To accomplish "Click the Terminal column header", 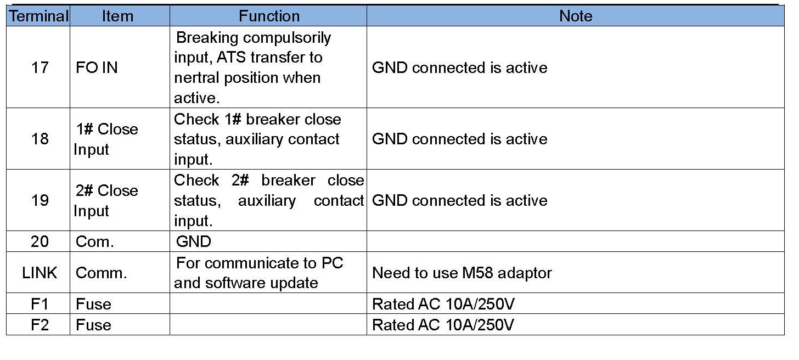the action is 38,16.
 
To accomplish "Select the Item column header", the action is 117,16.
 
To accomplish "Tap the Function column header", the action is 269,16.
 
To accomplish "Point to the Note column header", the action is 575,16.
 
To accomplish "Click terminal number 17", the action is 40,67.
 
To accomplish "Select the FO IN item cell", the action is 97,67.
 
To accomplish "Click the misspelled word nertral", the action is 196,78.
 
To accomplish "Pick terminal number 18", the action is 40,139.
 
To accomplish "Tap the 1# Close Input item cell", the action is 105,139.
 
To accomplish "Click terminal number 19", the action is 40,200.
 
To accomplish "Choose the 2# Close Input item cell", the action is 105,200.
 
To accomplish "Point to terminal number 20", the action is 40,241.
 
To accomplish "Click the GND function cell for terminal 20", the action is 194,241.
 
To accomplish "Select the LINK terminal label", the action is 40,273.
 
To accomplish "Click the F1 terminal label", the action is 40,304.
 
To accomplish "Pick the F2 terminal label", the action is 40,325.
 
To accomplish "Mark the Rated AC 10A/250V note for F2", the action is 443,325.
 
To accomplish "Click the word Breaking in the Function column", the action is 207,38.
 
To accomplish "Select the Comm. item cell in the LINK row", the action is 102,273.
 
